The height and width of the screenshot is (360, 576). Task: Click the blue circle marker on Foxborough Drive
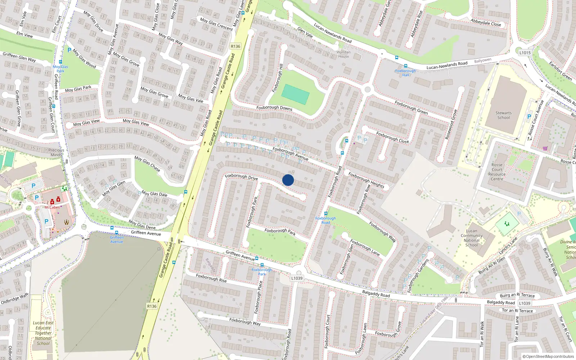(288, 180)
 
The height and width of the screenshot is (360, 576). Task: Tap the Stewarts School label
(503, 115)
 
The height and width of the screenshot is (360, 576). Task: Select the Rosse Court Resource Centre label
(497, 172)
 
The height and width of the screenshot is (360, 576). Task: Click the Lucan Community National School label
(471, 238)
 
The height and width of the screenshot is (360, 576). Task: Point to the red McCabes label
(52, 207)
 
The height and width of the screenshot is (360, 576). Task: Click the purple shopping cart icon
(545, 148)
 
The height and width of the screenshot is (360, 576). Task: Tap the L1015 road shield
(525, 53)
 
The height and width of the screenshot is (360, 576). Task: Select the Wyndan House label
(343, 54)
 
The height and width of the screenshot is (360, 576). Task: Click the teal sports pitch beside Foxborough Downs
(295, 94)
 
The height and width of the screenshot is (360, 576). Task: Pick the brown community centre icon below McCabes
(67, 222)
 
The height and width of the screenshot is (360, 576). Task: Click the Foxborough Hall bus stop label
(405, 73)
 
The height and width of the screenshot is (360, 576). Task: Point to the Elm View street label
(24, 35)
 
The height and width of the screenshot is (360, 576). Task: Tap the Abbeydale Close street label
(486, 22)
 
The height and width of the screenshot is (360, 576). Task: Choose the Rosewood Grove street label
(451, 125)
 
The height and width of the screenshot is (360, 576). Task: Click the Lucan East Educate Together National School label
(43, 333)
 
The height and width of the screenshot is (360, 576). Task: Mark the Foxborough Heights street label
(366, 180)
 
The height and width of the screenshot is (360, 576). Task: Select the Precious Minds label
(56, 152)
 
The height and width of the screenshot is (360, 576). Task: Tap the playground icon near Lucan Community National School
(507, 224)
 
